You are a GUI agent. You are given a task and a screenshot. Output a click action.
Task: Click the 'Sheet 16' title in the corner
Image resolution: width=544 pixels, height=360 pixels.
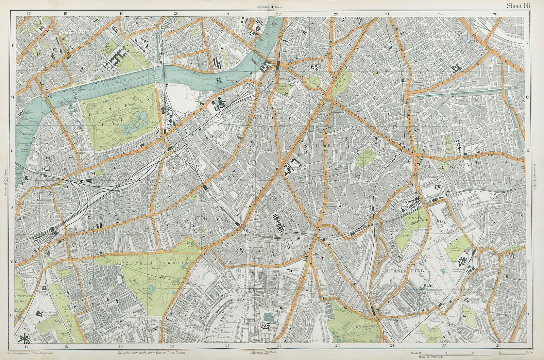click(x=518, y=5)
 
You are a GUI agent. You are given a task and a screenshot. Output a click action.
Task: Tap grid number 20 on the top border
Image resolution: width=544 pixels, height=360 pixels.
click(x=176, y=14)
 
